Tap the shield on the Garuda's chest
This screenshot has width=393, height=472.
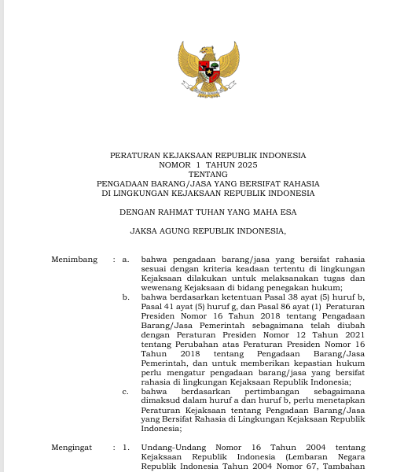208,70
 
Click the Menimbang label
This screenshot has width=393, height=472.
75,259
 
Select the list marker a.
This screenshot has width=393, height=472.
126,259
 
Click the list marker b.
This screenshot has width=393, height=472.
126,297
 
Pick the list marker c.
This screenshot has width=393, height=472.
126,391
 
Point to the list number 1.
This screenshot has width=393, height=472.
126,448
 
